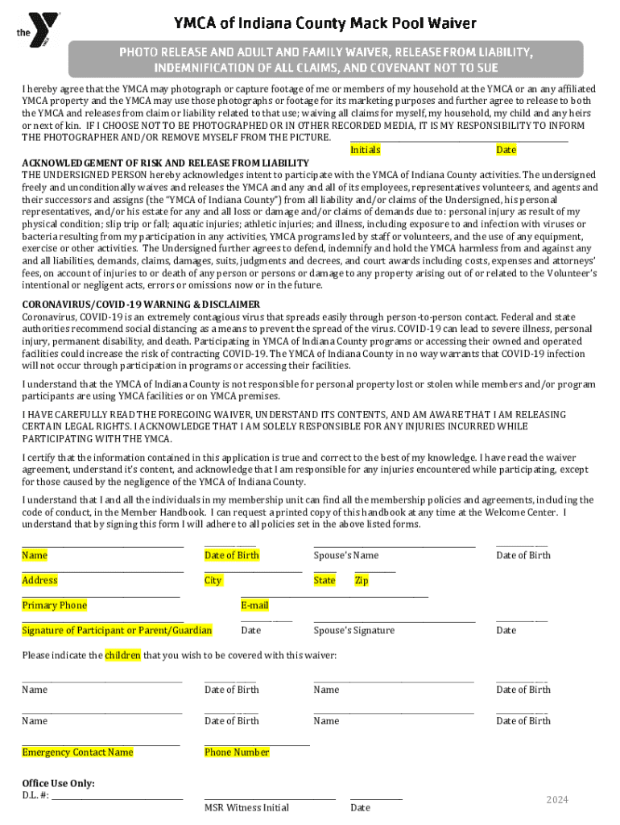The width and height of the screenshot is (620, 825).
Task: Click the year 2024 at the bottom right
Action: tap(557, 799)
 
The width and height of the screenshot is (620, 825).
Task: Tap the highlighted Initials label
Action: tap(366, 150)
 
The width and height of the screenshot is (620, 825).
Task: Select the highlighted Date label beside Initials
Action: tap(506, 150)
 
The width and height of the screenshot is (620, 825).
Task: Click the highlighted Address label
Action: tap(40, 580)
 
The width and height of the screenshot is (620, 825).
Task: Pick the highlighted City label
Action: tap(213, 580)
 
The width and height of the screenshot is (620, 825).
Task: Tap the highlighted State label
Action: tap(324, 580)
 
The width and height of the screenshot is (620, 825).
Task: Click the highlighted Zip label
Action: tap(362, 580)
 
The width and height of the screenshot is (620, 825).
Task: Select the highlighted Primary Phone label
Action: tap(54, 605)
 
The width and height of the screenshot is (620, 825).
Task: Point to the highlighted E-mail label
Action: tap(254, 605)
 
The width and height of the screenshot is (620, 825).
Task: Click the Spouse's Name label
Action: tap(346, 555)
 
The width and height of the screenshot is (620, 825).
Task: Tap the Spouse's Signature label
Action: tap(354, 630)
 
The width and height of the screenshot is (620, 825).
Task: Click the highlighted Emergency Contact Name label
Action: tap(77, 752)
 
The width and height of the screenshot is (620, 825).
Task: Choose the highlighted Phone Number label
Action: tap(237, 752)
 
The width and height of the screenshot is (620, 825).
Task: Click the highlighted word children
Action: tap(122, 655)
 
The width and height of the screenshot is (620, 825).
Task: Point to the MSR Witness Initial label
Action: tap(246, 807)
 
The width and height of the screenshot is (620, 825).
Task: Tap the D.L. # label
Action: tap(35, 796)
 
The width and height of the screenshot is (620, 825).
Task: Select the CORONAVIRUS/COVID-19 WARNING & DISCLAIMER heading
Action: tap(141, 305)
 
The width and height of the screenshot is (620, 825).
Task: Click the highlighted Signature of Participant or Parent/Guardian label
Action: tap(117, 630)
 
